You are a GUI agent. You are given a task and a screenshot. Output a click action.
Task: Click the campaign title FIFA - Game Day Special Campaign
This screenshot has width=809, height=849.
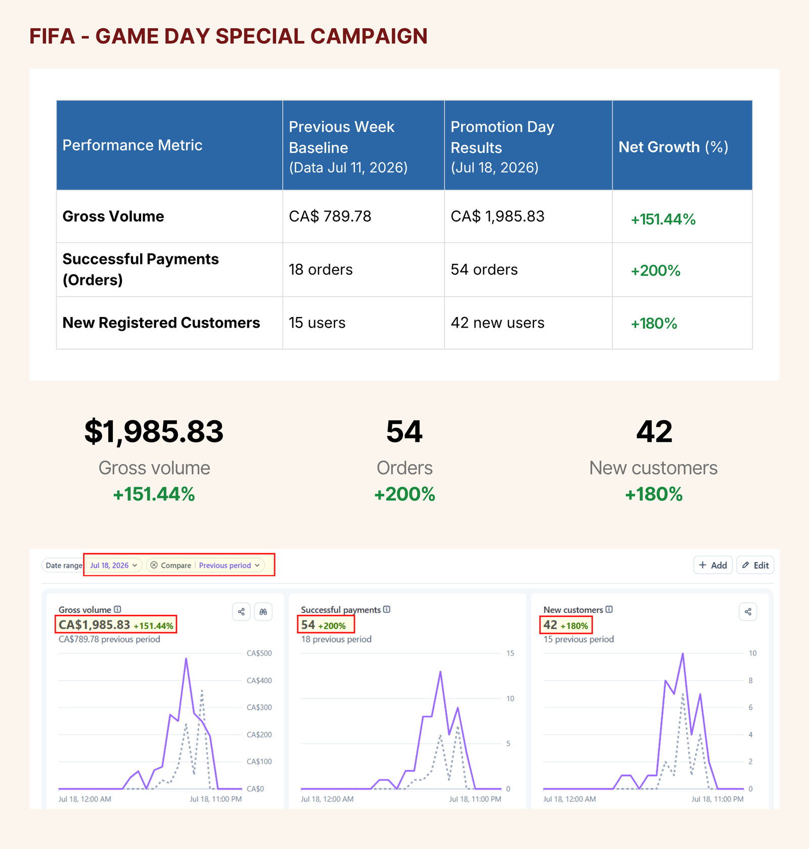pos(229,36)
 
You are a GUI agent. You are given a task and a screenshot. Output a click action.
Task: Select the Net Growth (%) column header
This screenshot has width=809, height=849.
pos(673,147)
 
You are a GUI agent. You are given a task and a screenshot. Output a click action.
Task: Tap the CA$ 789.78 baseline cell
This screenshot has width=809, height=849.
pos(330,216)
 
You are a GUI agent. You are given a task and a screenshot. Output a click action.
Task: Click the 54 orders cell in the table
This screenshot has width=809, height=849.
pos(484,270)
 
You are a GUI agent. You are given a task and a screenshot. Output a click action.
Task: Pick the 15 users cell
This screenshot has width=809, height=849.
pos(317,323)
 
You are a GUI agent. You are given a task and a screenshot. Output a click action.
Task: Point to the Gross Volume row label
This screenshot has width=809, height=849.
pos(113,216)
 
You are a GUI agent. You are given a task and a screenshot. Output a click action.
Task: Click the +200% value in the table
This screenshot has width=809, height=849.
pos(655,271)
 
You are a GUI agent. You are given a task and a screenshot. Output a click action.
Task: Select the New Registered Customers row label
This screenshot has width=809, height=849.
pos(161,323)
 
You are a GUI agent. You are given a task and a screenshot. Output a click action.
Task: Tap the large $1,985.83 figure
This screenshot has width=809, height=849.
pos(154,431)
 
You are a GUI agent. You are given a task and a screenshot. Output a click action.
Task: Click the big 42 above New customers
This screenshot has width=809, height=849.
pos(654,431)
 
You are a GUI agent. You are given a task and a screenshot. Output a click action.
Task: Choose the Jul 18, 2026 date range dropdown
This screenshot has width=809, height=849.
pos(114,565)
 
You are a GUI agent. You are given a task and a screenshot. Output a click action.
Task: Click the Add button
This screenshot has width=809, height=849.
pos(713,565)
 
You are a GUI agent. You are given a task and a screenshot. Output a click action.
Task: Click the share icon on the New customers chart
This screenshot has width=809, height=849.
pos(748,612)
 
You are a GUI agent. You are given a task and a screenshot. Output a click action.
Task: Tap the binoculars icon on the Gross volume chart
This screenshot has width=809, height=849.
pos(263,612)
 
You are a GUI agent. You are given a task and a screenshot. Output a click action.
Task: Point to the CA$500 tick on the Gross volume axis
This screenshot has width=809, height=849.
pos(259,653)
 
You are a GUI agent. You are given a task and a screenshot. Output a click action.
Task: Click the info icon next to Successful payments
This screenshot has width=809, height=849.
pos(387,609)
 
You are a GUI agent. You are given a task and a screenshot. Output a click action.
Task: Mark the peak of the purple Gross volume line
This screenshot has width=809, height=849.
pos(186,658)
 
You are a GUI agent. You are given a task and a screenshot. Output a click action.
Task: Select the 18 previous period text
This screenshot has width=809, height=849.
pos(336,639)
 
